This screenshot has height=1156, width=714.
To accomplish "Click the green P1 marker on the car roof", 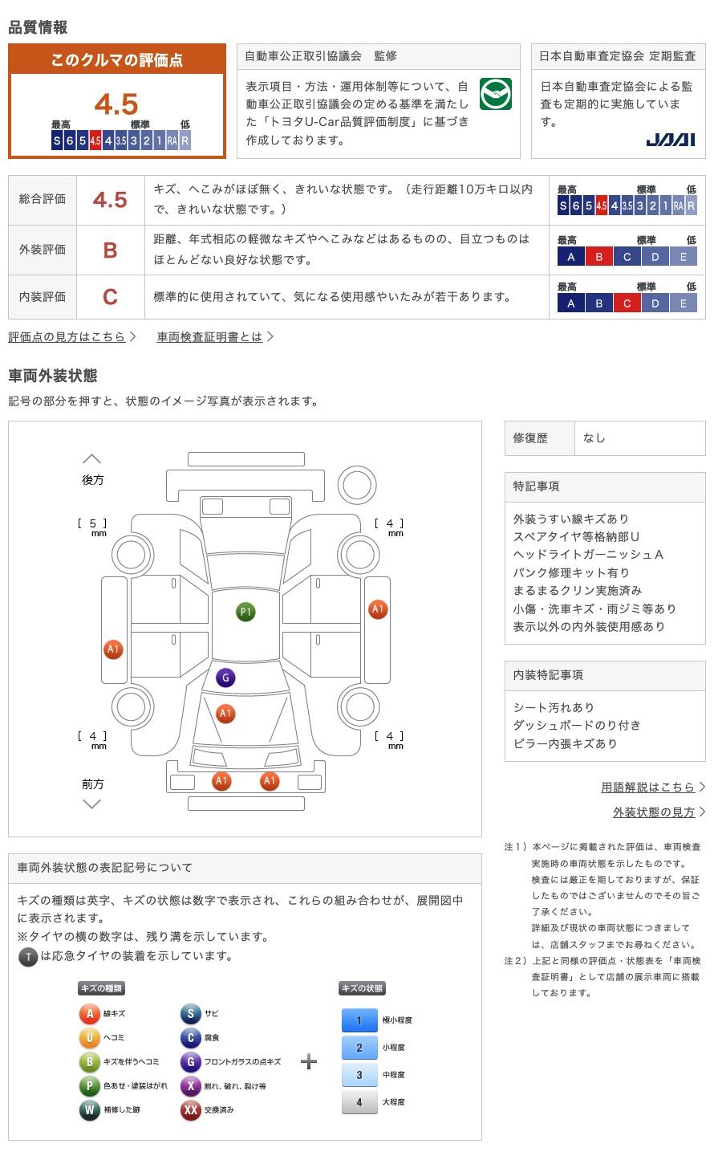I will click(245, 613).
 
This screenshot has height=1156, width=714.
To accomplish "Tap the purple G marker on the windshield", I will click(225, 678).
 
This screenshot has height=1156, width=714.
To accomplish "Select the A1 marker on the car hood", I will click(225, 714).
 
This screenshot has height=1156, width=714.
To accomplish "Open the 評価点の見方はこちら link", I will click(67, 337).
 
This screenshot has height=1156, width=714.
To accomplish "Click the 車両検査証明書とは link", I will click(210, 337).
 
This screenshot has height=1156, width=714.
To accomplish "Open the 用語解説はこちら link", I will click(648, 788).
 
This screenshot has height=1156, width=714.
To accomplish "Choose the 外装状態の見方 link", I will click(654, 812).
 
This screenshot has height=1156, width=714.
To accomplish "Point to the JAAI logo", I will click(671, 140).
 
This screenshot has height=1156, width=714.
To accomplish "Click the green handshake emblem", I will click(495, 95).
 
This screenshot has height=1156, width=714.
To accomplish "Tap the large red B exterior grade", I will click(110, 250).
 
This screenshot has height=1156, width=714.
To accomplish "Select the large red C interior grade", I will click(110, 297).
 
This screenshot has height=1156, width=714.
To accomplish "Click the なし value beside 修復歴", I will click(594, 438).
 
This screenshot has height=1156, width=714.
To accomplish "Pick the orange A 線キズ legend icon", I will click(89, 1014).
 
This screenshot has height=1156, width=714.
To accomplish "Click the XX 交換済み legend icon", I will click(190, 1110).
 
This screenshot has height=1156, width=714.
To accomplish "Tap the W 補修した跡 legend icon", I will click(89, 1110).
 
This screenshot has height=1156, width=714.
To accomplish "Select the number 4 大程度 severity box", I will click(359, 1102).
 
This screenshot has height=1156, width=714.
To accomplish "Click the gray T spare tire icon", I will click(28, 957).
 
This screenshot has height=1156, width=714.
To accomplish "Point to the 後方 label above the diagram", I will click(93, 480).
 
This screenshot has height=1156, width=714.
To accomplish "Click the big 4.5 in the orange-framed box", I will click(116, 104).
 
